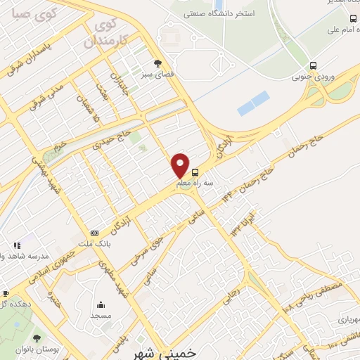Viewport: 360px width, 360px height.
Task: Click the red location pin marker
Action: [x=181, y=165]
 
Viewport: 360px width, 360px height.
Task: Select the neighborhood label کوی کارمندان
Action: [x=108, y=33]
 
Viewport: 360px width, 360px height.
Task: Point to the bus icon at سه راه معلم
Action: [x=195, y=171]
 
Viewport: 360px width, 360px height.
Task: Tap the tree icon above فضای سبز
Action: [x=157, y=63]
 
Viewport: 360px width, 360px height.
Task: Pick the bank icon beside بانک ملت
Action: [x=94, y=233]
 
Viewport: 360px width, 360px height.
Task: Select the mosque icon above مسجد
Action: [x=101, y=305]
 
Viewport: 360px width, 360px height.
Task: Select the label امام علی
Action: [x=340, y=31]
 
